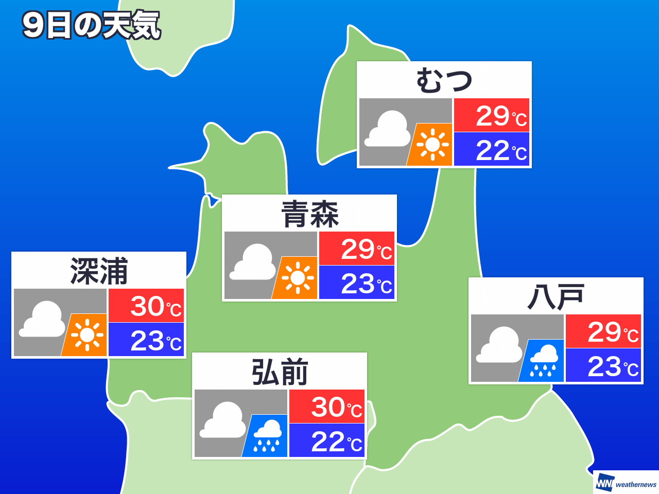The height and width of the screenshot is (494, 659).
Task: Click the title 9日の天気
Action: (91, 26)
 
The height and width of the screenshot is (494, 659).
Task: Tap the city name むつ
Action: (444, 81)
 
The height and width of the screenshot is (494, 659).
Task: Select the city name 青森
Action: (309, 214)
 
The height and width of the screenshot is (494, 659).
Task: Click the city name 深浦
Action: (99, 271)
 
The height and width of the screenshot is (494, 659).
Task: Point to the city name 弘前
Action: (280, 372)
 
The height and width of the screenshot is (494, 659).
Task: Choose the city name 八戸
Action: (556, 297)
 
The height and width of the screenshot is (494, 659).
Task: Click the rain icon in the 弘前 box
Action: (266, 436)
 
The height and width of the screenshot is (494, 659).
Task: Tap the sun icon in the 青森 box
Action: (297, 278)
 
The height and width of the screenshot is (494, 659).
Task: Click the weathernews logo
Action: (626, 483)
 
